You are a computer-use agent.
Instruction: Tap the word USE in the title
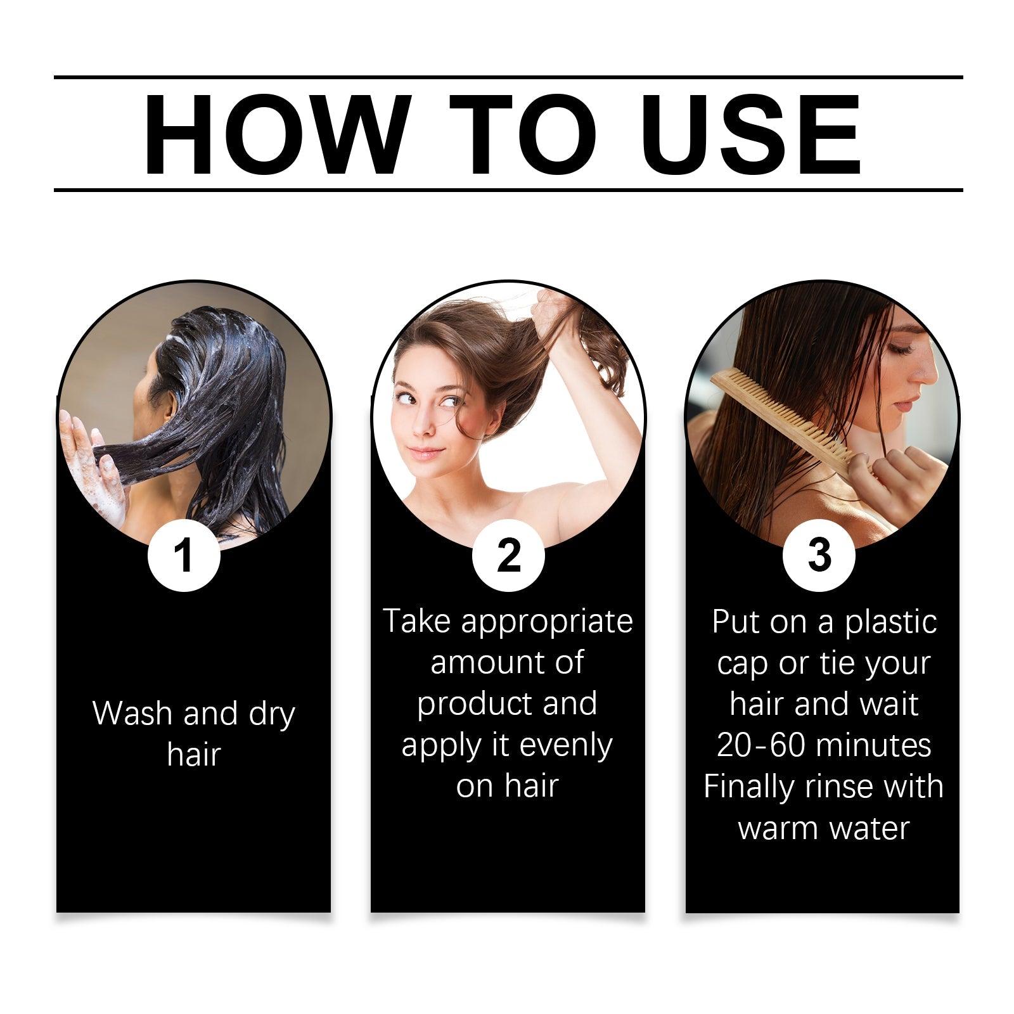pyautogui.click(x=750, y=134)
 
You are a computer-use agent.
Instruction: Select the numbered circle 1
pyautogui.click(x=184, y=556)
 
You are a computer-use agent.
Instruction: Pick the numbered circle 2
pyautogui.click(x=508, y=556)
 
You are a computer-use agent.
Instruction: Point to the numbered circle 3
pyautogui.click(x=819, y=556)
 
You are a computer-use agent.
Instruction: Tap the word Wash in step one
pyautogui.click(x=132, y=714)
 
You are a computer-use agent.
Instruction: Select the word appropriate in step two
pyautogui.click(x=547, y=622)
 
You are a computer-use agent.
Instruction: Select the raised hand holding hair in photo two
pyautogui.click(x=555, y=311)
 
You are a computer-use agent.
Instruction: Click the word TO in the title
pyautogui.click(x=523, y=134)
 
